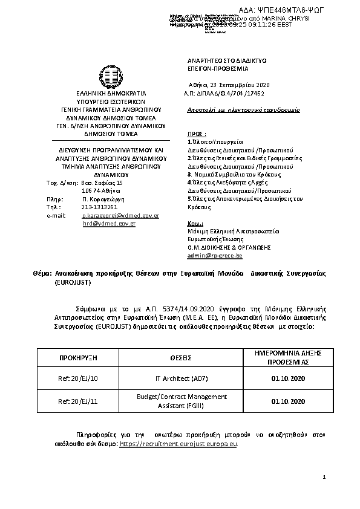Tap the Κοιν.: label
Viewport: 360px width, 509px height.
pos(195,223)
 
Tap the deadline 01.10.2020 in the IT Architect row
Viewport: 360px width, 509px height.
pos(288,379)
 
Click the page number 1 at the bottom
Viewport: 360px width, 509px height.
pos(324,478)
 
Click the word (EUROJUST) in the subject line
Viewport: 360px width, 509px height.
pos(72,282)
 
